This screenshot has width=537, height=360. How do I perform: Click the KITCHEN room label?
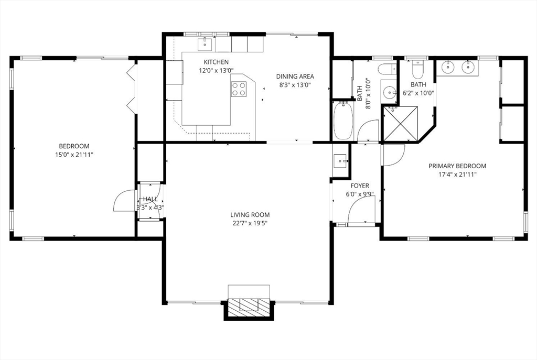pyautogui.click(x=216, y=62)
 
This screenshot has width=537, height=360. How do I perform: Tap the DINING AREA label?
pyautogui.click(x=295, y=77)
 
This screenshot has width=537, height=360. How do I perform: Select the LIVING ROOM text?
pyautogui.click(x=250, y=215)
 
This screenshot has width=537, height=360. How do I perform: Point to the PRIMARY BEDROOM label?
pyautogui.click(x=457, y=166)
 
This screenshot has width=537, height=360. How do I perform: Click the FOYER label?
pyautogui.click(x=360, y=186)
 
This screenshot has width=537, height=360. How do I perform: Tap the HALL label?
pyautogui.click(x=151, y=199)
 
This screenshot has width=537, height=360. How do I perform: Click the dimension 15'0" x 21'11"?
pyautogui.click(x=74, y=155)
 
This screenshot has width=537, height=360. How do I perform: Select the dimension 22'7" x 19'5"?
pyautogui.click(x=250, y=223)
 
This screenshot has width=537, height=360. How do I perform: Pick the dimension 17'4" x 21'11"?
pyautogui.click(x=457, y=174)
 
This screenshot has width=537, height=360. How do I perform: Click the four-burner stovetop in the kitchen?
pyautogui.click(x=239, y=89)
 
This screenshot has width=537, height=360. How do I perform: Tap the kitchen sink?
pyautogui.click(x=205, y=44)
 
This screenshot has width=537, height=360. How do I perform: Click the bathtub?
pyautogui.click(x=343, y=121)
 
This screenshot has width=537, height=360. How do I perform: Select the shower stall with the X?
pyautogui.click(x=400, y=124)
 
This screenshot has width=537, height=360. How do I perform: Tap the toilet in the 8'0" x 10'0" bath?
pyautogui.click(x=388, y=70)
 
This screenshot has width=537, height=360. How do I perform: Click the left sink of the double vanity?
pyautogui.click(x=447, y=67)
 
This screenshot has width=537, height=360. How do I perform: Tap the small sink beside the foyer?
pyautogui.click(x=340, y=160)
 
